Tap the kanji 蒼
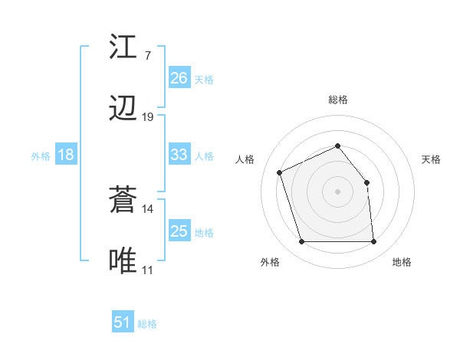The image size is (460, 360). (x=123, y=201)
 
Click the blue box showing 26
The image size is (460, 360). (x=179, y=77)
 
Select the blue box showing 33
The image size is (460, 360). (x=179, y=155)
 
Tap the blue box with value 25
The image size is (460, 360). (x=179, y=231)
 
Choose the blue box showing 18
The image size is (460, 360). (x=66, y=155)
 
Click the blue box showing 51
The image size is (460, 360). (x=123, y=322)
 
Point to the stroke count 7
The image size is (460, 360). (x=147, y=55)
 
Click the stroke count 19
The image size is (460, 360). (x=148, y=117)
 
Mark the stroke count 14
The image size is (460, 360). (x=148, y=208)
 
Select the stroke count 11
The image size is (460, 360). (x=147, y=270)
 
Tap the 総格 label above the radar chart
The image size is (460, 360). (x=338, y=100)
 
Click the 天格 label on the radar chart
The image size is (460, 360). (x=432, y=159)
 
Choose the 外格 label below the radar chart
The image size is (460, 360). (x=270, y=262)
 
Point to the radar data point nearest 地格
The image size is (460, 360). (x=374, y=242)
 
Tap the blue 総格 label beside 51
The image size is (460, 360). (x=147, y=324)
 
